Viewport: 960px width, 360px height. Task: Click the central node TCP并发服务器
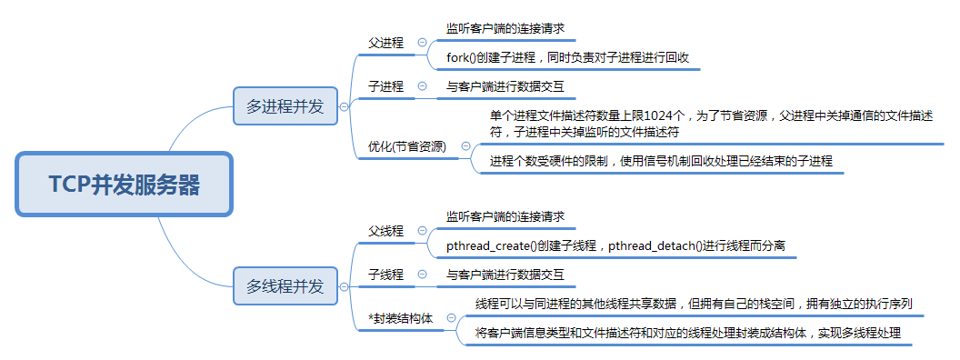pyautogui.click(x=125, y=185)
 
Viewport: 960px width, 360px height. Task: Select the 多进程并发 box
pyautogui.click(x=285, y=106)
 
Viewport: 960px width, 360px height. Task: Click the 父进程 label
pyautogui.click(x=385, y=43)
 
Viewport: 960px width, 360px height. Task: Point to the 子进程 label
pyautogui.click(x=385, y=87)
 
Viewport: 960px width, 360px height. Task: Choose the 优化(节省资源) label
pyautogui.click(x=407, y=145)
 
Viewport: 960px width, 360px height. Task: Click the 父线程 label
pyautogui.click(x=385, y=231)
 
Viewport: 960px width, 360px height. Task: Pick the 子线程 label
pyautogui.click(x=385, y=274)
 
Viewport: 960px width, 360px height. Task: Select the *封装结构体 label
pyautogui.click(x=401, y=318)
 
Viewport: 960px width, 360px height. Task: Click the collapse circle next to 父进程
pyautogui.click(x=422, y=43)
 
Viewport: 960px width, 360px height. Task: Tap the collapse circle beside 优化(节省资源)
pyautogui.click(x=466, y=145)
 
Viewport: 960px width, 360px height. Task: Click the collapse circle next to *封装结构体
pyautogui.click(x=451, y=318)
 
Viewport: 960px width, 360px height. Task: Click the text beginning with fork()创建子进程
pyautogui.click(x=567, y=57)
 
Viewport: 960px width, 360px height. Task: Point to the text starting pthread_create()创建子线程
pyautogui.click(x=615, y=245)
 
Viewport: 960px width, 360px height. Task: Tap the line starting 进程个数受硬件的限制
pyautogui.click(x=661, y=161)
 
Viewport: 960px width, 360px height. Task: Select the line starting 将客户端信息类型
pyautogui.click(x=688, y=334)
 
